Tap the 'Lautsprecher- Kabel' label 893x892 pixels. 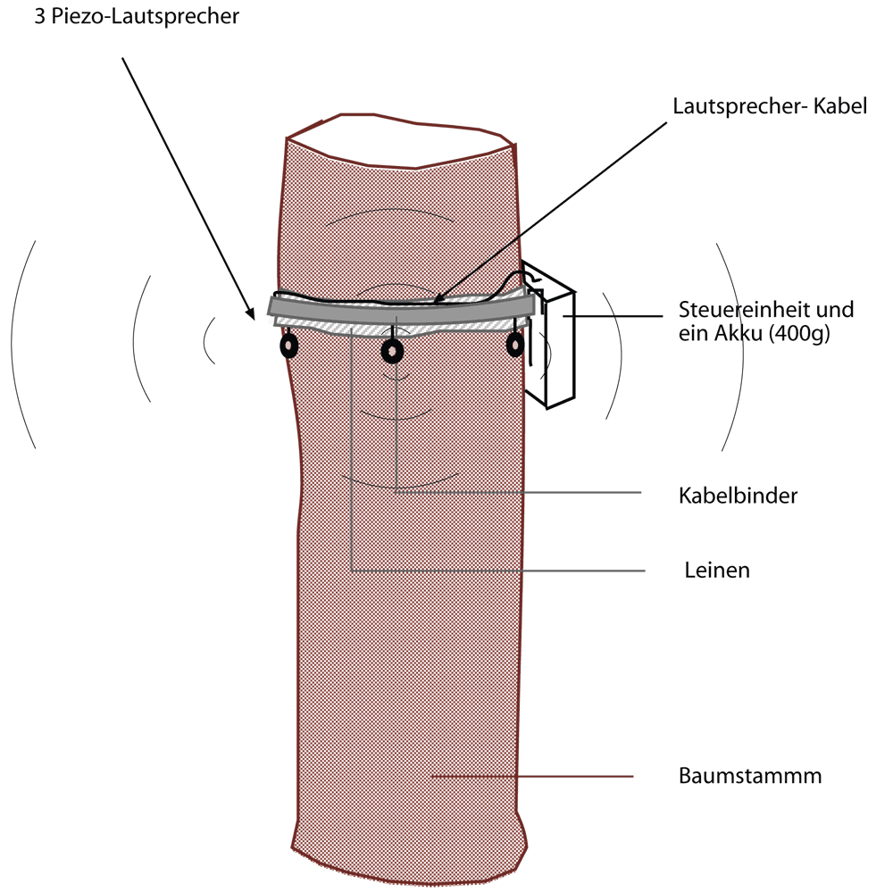click(770, 109)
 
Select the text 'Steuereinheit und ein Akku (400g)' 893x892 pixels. click(766, 322)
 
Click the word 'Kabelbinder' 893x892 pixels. click(738, 496)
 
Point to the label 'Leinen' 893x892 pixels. click(717, 570)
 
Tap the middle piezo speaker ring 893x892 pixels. click(392, 352)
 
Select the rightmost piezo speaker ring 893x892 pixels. click(515, 345)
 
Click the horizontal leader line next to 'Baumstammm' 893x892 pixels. click(536, 777)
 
